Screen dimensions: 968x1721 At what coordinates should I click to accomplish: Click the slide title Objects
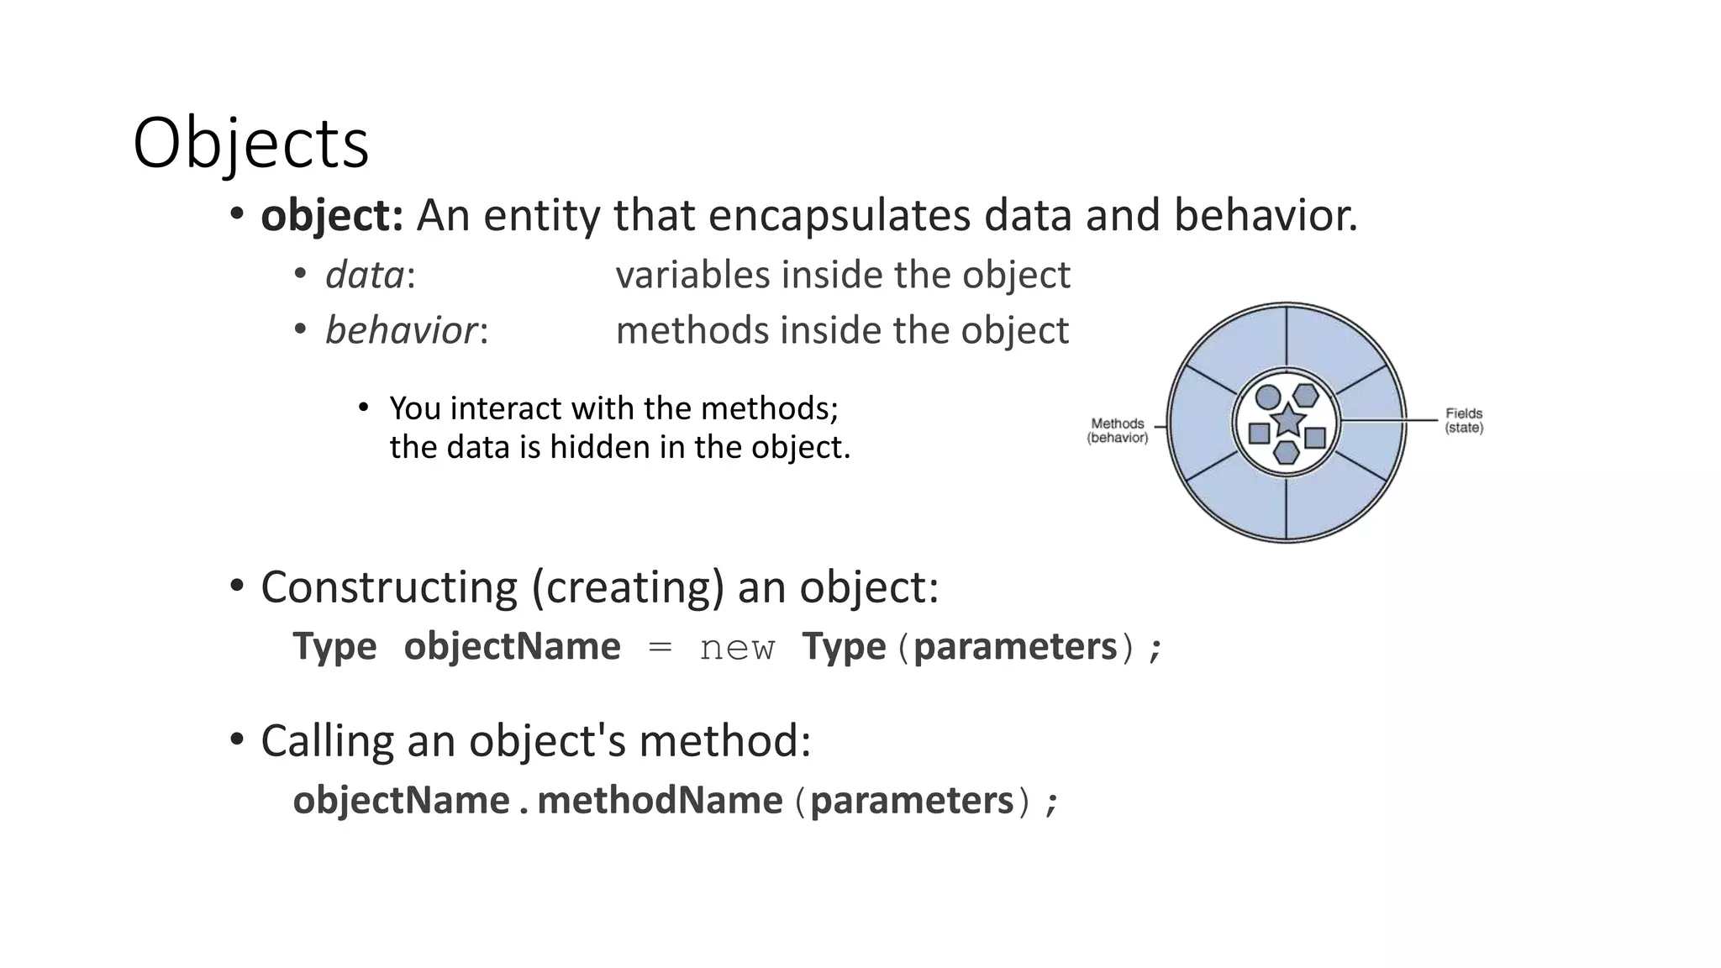250,143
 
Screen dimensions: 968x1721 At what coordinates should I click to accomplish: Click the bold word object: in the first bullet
332,215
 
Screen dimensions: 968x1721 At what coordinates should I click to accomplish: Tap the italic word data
365,275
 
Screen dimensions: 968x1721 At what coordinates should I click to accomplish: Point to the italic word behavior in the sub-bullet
402,330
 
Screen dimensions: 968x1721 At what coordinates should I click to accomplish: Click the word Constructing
389,587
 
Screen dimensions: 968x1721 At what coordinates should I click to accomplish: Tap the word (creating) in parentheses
628,587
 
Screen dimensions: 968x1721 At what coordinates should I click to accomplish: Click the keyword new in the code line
737,647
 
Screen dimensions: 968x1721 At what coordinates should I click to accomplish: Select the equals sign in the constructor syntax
661,647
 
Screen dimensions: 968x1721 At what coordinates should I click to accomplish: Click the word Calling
328,741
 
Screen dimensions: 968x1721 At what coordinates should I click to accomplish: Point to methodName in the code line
660,800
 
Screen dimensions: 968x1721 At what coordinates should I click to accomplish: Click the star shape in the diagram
1287,419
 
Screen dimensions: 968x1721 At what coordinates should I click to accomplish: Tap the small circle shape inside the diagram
1268,397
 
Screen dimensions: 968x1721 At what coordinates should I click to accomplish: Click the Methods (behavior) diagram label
1118,430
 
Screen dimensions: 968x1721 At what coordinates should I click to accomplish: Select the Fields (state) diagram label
1464,420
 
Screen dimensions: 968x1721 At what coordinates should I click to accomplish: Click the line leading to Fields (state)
1391,420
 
